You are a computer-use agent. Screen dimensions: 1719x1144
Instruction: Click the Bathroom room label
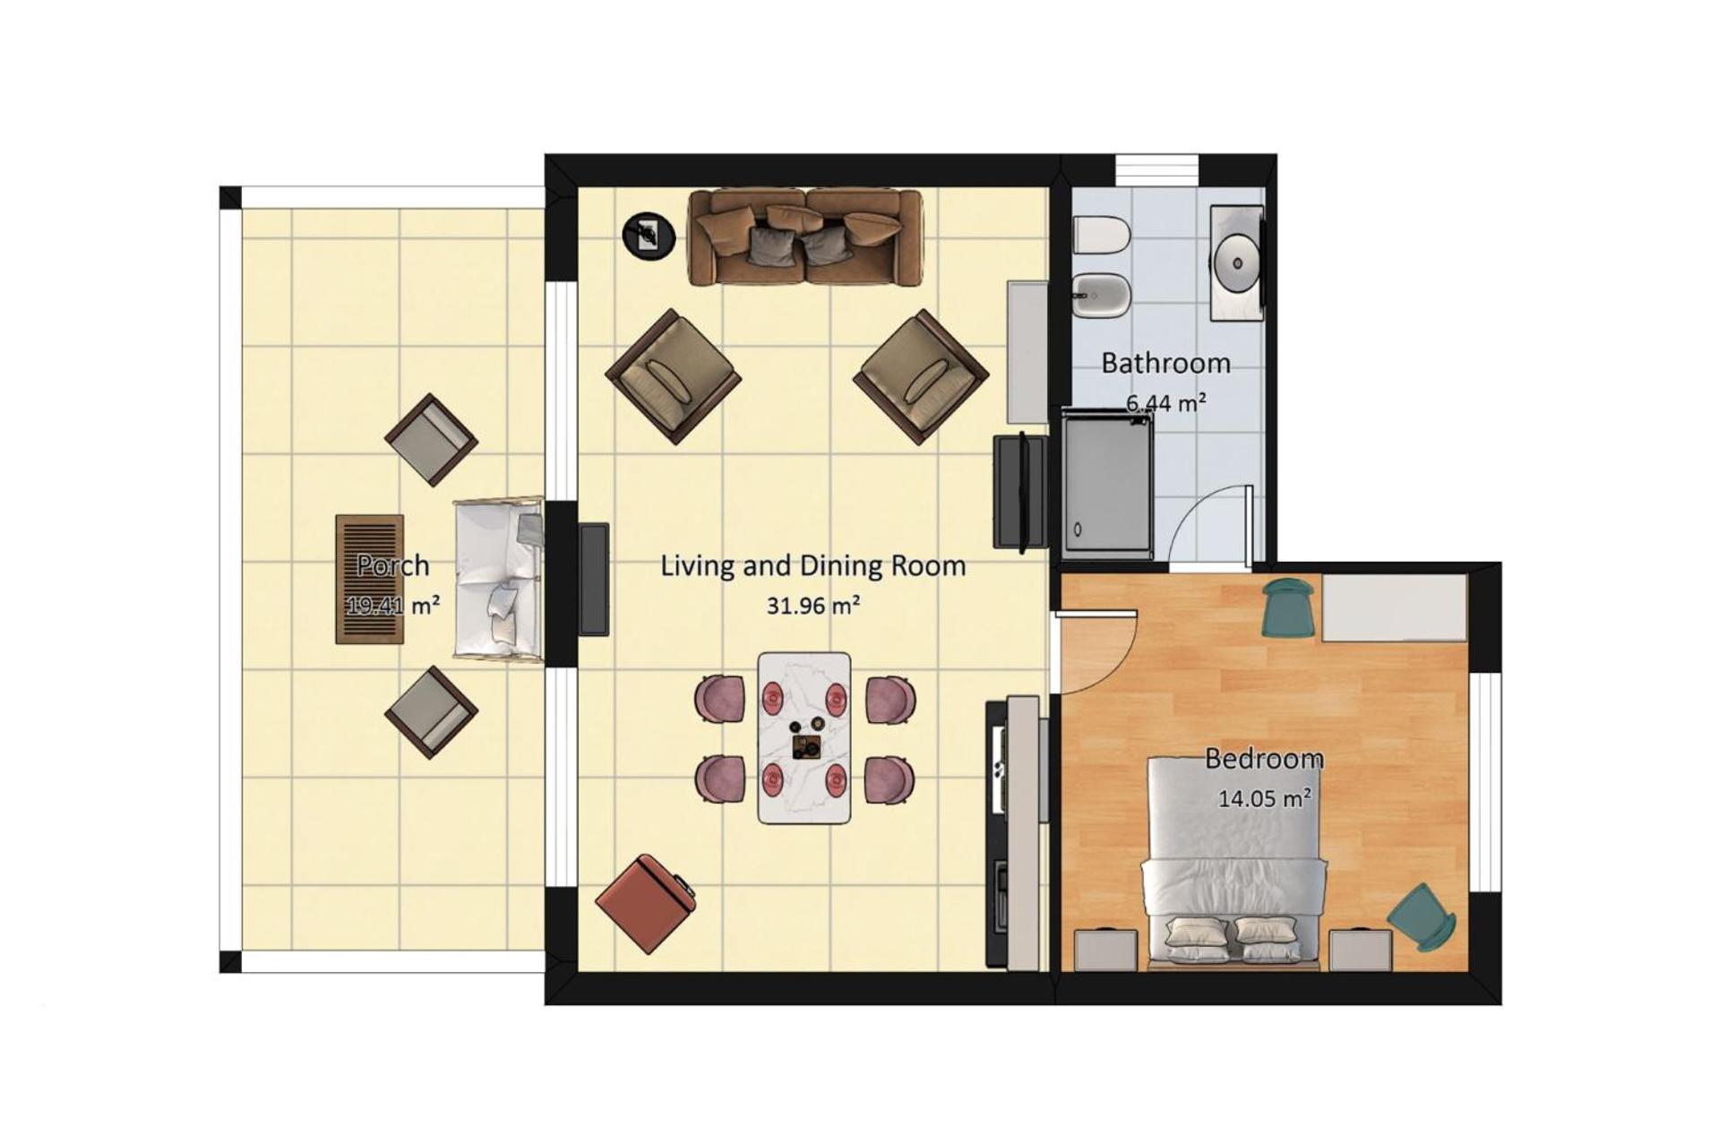[1165, 363]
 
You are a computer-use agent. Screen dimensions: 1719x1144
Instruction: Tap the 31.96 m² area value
[813, 606]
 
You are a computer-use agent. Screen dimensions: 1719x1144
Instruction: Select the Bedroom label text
[1264, 759]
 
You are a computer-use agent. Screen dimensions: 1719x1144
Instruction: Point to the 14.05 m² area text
[1265, 797]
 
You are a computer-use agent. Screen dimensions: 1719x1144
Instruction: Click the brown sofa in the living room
[804, 237]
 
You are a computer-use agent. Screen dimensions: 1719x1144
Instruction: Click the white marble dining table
[804, 737]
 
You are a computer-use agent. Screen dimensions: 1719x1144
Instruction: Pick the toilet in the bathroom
[1102, 236]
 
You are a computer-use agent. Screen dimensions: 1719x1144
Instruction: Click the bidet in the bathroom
[1102, 295]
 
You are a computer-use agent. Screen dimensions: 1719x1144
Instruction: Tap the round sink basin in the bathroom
[1237, 263]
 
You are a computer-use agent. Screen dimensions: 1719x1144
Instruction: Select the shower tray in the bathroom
[1107, 484]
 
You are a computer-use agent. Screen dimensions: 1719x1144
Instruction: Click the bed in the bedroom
[1233, 863]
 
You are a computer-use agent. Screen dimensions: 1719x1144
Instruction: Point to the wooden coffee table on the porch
[370, 579]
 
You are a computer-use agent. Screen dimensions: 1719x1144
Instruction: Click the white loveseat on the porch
[499, 580]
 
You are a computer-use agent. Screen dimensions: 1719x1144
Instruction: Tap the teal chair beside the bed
[1422, 916]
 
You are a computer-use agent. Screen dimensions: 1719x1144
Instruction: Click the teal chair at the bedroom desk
[1288, 606]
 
